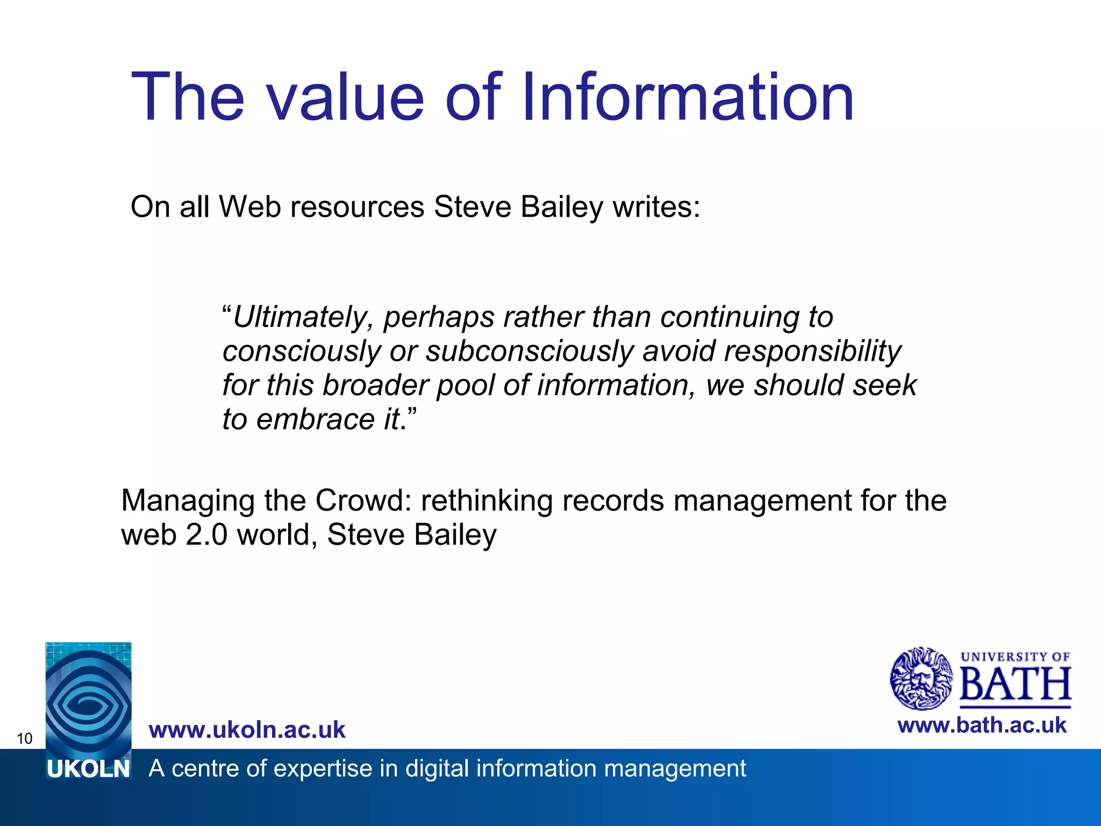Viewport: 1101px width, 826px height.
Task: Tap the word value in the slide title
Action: (x=346, y=98)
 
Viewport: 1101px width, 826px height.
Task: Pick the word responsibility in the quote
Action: (x=812, y=351)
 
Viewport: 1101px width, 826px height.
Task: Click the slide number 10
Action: (x=25, y=738)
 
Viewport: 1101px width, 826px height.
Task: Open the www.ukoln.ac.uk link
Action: (x=247, y=730)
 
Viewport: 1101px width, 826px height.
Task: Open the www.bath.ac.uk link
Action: (x=982, y=725)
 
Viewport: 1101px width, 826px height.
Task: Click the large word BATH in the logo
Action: (x=1015, y=684)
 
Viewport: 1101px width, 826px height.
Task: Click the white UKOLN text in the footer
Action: (x=89, y=770)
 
